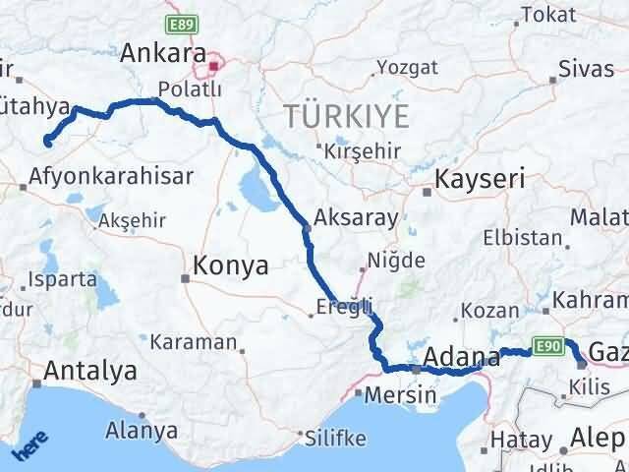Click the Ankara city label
tap(162, 54)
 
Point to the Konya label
tap(231, 265)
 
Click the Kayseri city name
tap(481, 179)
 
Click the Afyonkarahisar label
tap(110, 178)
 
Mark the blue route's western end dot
tap(47, 144)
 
